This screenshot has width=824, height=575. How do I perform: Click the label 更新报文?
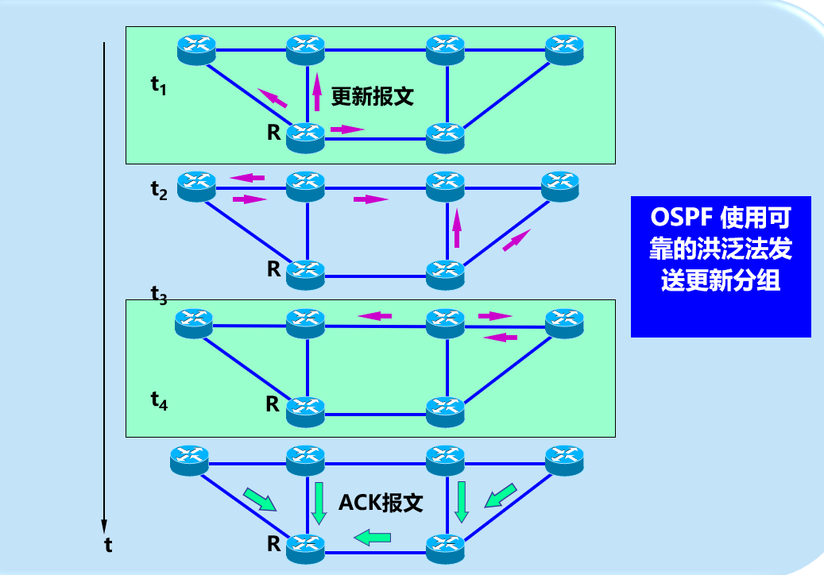(x=372, y=97)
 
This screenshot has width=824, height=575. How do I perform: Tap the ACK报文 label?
(x=381, y=503)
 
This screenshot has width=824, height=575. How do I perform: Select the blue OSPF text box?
(x=721, y=266)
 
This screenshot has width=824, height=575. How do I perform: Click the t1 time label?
(x=158, y=85)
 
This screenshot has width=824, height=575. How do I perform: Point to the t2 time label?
(x=159, y=191)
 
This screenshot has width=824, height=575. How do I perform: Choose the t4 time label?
(x=159, y=401)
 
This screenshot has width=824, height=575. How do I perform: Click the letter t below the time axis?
(x=108, y=546)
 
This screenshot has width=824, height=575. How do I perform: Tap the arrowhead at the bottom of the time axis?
(x=104, y=526)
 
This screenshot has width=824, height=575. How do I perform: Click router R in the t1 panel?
(x=305, y=138)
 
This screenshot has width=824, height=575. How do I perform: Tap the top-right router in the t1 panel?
(x=564, y=50)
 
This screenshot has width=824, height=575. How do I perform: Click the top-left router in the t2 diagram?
(x=196, y=187)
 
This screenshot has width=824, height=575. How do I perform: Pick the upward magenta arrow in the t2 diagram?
(x=456, y=227)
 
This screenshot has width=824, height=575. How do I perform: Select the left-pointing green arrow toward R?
(x=372, y=538)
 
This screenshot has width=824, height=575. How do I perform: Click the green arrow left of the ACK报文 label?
(x=319, y=502)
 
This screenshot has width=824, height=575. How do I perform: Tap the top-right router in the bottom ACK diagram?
(x=565, y=461)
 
